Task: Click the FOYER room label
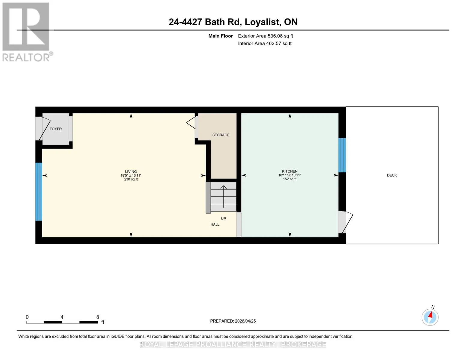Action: (56, 129)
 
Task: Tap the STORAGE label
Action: (221, 135)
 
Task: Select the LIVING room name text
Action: (131, 172)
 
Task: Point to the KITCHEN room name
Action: (290, 171)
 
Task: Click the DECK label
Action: (392, 175)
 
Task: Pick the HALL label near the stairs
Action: (215, 224)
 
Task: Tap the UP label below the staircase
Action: (223, 218)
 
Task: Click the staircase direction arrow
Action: (224, 196)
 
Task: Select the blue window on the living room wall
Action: (39, 191)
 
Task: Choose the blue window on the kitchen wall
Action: (342, 155)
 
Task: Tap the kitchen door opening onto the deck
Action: (345, 222)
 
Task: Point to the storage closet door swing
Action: (191, 123)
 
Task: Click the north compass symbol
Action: (430, 317)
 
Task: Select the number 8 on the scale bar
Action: (98, 317)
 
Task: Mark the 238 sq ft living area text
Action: (131, 179)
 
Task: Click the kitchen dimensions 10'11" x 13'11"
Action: (290, 175)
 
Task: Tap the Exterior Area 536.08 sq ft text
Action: (265, 36)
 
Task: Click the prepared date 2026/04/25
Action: (245, 321)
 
